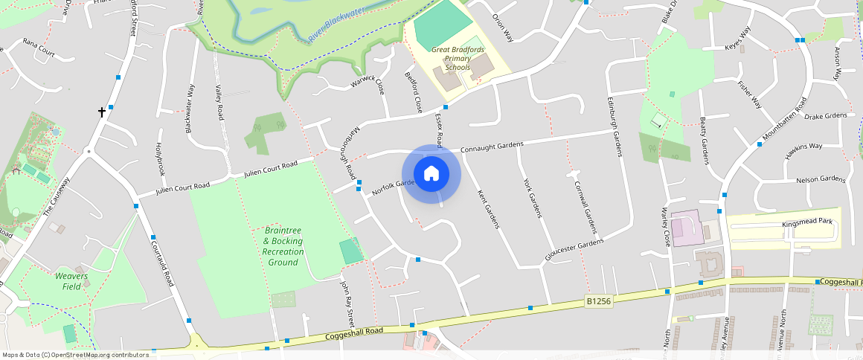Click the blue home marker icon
click(431, 174)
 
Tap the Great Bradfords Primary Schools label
click(458, 59)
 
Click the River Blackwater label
click(336, 25)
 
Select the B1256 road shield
click(598, 301)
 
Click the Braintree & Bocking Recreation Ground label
click(283, 246)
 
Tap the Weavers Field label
click(71, 281)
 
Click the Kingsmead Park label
click(806, 223)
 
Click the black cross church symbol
click(102, 112)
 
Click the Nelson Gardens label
click(821, 180)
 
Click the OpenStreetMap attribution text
click(75, 355)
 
